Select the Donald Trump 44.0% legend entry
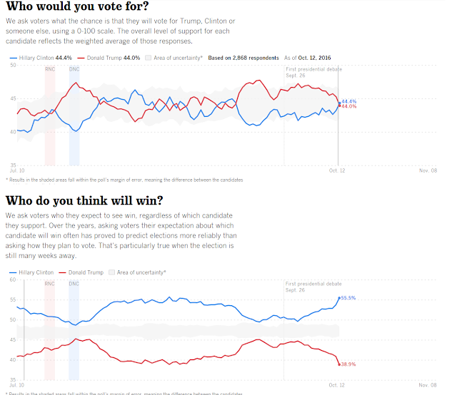coord(109,56)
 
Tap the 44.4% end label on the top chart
coord(349,101)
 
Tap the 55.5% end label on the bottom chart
coord(348,297)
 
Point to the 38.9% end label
coord(348,364)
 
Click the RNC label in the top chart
coord(49,68)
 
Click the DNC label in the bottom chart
coord(74,284)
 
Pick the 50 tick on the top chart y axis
coord(13,66)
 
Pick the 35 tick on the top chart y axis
coord(13,165)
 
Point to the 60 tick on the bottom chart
coord(12,279)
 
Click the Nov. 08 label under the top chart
coord(428,171)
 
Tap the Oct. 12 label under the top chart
coord(337,171)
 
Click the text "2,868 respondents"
coord(256,56)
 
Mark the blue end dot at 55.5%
coord(339,298)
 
